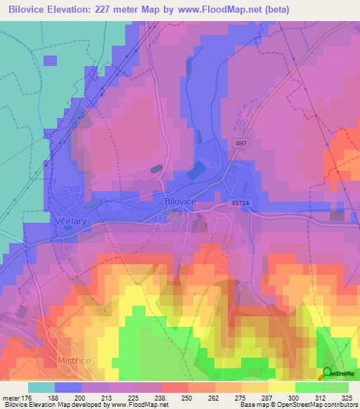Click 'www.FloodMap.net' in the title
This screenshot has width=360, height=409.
click(218, 10)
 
